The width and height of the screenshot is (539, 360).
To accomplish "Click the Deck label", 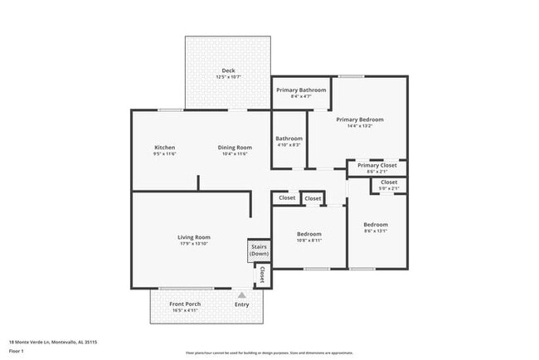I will (x=228, y=71).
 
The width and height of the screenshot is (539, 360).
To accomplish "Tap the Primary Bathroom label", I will (x=301, y=90).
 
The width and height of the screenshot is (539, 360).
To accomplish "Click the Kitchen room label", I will (x=164, y=148).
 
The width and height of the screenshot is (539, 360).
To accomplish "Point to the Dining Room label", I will (x=236, y=148).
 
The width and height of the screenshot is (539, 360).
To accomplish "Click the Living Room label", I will (x=193, y=237).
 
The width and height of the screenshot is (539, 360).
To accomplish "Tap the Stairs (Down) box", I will (x=259, y=251).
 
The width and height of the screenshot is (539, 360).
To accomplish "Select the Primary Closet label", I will (x=376, y=165).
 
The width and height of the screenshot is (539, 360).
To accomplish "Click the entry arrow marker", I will (x=241, y=294).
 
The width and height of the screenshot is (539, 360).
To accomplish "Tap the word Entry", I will (x=241, y=305).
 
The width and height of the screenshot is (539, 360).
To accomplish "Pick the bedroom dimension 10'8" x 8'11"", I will (x=309, y=241).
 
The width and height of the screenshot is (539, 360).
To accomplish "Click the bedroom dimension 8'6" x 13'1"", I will (x=375, y=231).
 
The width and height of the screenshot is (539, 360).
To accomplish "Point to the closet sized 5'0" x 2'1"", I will (x=389, y=188).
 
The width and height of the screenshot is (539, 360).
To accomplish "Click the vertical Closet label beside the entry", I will (x=262, y=275).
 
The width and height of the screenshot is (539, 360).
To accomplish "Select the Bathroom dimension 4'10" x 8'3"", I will (x=289, y=145).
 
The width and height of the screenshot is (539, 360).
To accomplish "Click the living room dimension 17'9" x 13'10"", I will (x=193, y=244).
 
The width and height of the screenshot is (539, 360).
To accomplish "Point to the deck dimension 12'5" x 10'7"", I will (x=228, y=77).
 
